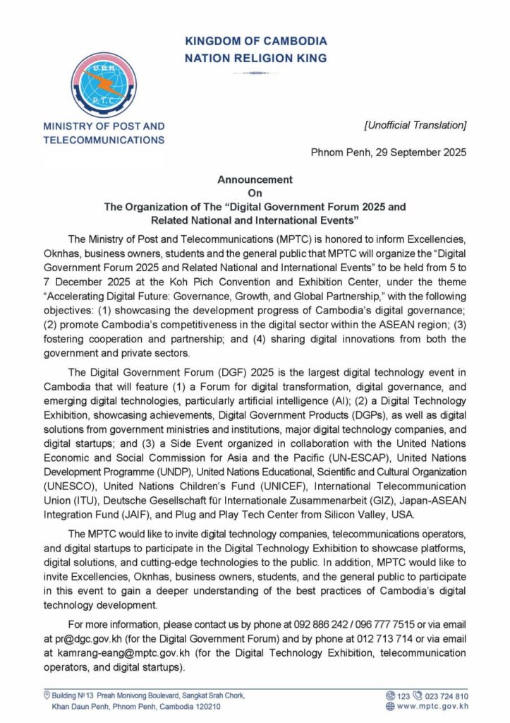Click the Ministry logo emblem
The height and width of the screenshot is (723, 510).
(104, 85)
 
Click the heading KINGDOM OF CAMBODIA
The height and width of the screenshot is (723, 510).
(255, 42)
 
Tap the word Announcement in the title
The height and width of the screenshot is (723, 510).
(255, 180)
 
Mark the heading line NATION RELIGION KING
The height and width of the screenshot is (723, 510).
(255, 59)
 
